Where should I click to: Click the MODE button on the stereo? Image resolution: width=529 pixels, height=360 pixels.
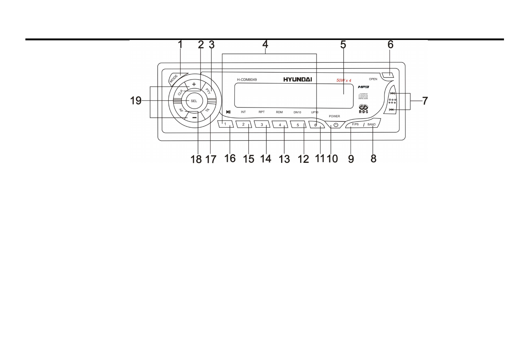174,78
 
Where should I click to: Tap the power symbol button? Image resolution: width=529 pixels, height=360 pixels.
336,125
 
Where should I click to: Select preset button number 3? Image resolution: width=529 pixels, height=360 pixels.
262,125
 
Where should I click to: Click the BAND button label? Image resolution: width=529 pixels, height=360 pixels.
371,124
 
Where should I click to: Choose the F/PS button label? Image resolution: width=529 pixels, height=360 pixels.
355,124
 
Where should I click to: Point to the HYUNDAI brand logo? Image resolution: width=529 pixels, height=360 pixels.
298,80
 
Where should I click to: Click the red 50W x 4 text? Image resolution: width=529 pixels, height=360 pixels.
344,81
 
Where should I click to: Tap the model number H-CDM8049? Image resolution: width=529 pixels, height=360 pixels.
247,80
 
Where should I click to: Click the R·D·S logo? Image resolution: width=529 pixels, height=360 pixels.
363,109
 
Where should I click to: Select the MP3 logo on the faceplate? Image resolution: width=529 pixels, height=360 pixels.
363,87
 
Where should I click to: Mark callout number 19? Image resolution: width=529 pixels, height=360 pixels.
136,101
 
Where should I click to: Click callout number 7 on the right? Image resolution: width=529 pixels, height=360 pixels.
425,101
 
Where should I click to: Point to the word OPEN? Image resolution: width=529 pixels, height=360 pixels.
373,79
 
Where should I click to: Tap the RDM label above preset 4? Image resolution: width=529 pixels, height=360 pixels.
279,112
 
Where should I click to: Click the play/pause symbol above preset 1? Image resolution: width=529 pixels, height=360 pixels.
228,112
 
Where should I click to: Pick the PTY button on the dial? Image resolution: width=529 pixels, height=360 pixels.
208,90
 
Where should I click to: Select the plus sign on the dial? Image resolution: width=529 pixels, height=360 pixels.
194,84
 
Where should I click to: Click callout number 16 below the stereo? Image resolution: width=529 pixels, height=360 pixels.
230,159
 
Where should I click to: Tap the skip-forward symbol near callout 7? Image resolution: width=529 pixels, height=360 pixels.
392,93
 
